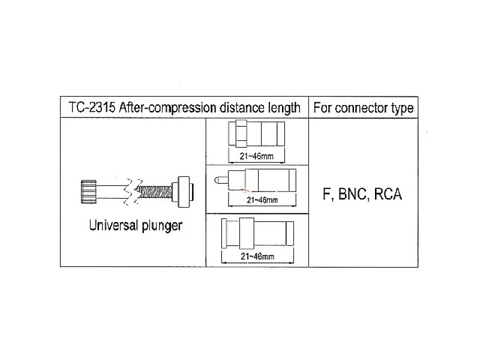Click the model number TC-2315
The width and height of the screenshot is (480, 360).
click(x=92, y=107)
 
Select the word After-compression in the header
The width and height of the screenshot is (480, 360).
click(x=167, y=108)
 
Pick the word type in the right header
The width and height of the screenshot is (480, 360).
click(x=403, y=109)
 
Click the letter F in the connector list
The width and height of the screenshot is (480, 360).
click(x=327, y=194)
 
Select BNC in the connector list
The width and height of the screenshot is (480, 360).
click(x=353, y=194)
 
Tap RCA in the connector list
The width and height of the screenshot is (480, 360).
click(x=388, y=194)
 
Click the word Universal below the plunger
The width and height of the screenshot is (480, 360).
click(x=113, y=225)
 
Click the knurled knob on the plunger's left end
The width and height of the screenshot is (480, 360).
click(x=88, y=192)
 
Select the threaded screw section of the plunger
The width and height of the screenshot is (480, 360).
click(x=154, y=192)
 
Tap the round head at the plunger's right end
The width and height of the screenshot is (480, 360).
click(x=183, y=192)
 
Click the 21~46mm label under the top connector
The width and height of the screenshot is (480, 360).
click(x=257, y=156)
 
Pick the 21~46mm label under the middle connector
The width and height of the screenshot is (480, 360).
click(x=262, y=200)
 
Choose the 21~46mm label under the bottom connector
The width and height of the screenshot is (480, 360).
click(x=257, y=256)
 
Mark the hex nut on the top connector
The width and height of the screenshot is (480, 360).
click(x=241, y=133)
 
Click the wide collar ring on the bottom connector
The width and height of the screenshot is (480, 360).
click(x=247, y=233)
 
